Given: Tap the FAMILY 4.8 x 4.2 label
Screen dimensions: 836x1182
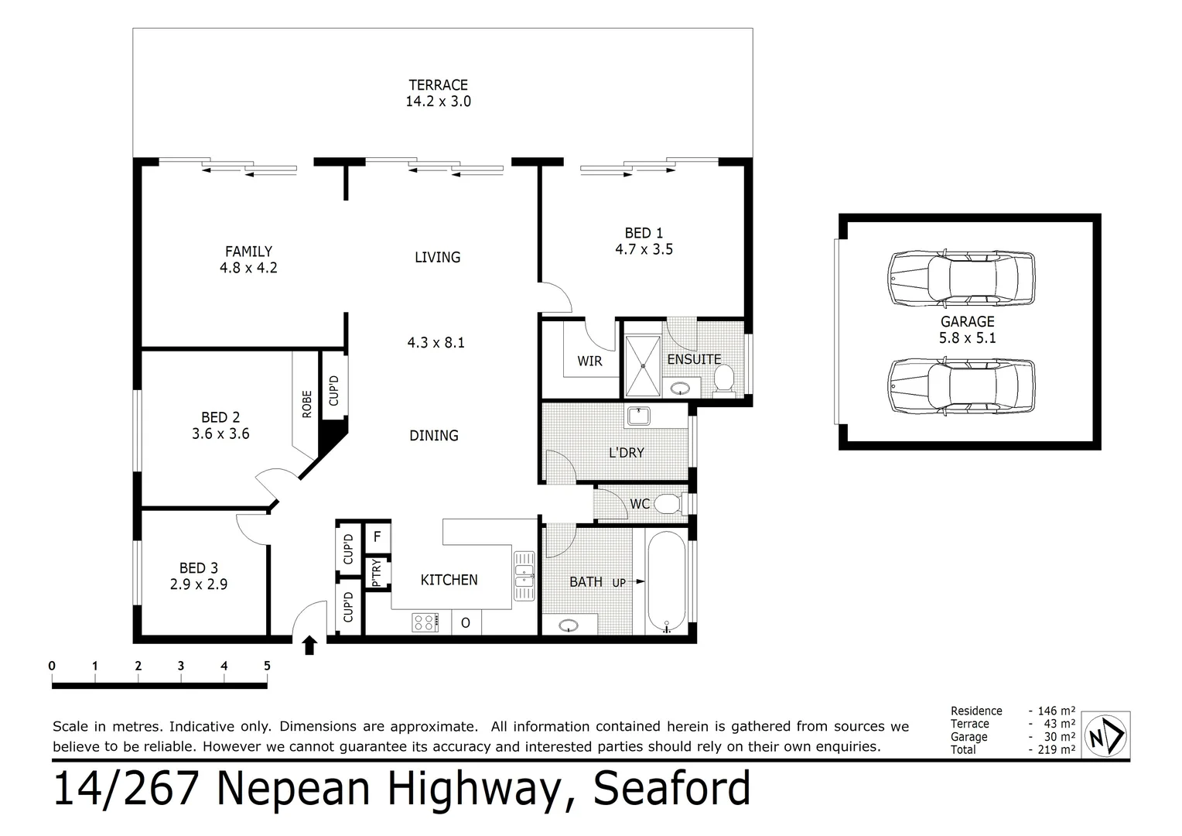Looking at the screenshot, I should tap(248, 260).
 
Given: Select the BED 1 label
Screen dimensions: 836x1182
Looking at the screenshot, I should tap(644, 233).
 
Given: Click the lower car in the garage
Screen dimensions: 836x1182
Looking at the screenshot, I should tap(962, 385).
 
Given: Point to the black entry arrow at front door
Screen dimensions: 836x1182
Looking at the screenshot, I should tap(309, 645).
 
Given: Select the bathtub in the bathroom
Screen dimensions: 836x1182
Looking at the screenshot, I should tap(663, 581).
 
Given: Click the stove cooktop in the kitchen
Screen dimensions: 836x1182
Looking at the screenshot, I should tap(425, 622).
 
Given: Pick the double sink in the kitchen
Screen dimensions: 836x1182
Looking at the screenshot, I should tap(524, 574).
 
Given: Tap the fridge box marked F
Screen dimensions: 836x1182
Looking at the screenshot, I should tap(377, 536).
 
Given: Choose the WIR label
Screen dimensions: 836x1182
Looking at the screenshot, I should tap(589, 361).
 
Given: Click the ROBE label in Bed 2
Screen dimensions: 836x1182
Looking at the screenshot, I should tap(307, 404).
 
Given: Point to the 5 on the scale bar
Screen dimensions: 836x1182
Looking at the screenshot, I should tap(267, 666).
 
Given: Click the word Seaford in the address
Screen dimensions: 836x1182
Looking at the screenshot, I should tap(671, 789).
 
